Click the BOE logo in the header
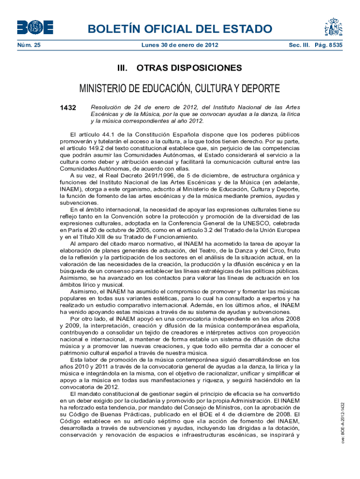click(35, 27)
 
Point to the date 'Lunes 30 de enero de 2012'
click(180, 45)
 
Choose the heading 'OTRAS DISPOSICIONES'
click(189, 68)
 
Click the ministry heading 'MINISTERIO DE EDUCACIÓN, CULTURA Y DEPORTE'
click(180, 89)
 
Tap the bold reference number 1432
click(68, 108)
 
